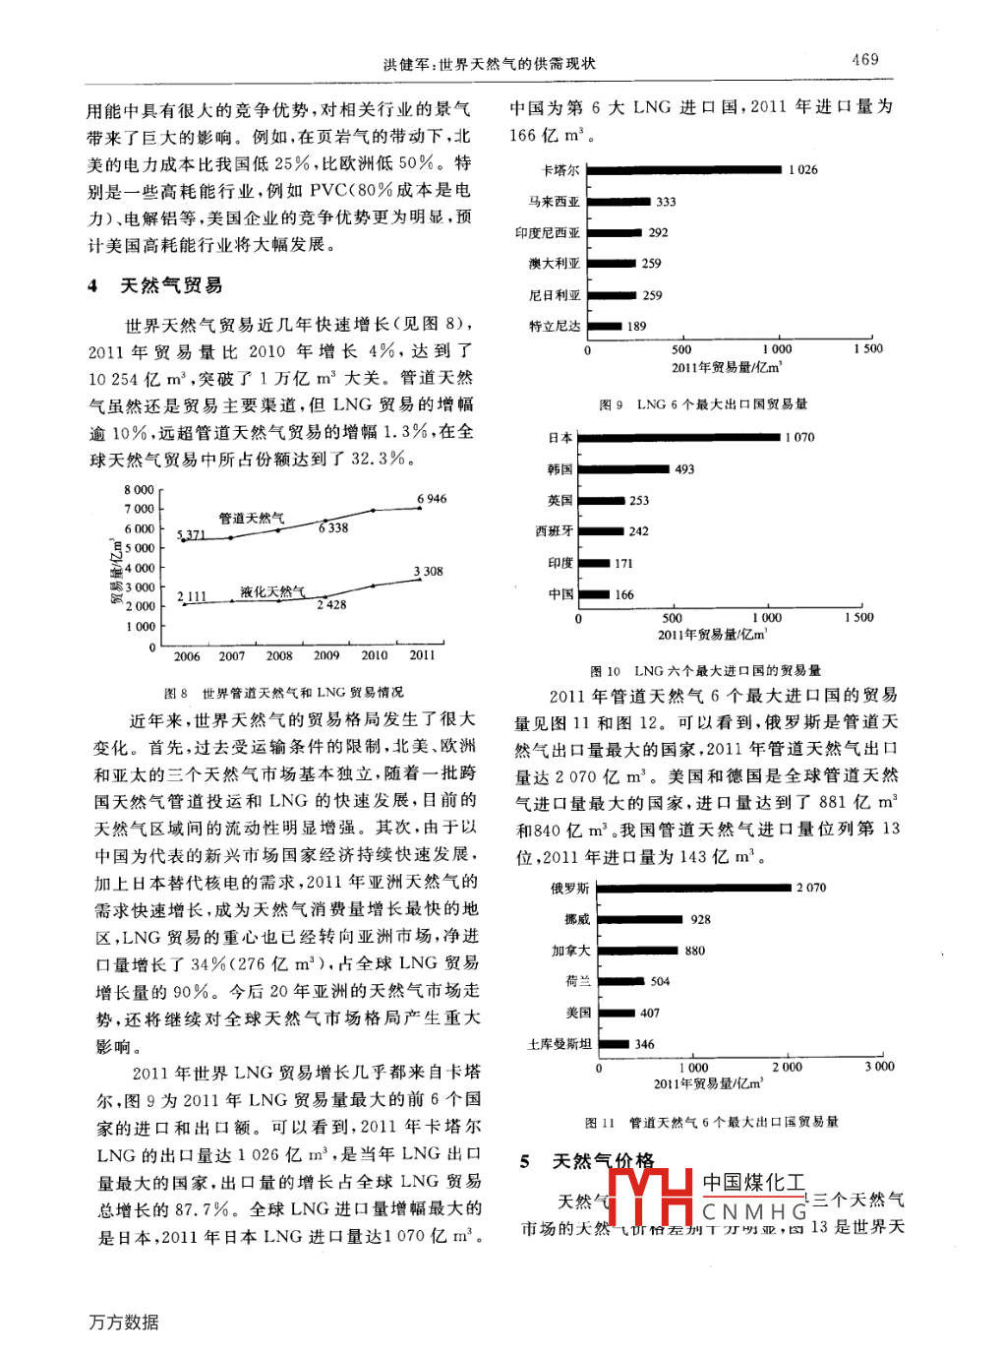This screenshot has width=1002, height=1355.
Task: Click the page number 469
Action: point(864,60)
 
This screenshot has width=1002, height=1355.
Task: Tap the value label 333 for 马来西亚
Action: point(666,202)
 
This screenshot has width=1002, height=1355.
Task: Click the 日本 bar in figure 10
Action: point(679,437)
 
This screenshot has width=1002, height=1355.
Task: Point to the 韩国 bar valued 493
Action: point(623,469)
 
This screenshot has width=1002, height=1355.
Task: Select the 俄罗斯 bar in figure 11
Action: point(694,888)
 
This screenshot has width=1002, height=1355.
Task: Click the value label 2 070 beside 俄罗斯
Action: point(811,888)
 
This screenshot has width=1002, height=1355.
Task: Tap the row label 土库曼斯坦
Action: point(560,1044)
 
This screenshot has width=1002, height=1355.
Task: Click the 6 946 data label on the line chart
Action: point(432,499)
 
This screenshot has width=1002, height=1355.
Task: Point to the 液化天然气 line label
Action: point(272,591)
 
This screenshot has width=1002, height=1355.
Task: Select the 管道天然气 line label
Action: point(252,518)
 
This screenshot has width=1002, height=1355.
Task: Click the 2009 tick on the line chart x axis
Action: point(326,655)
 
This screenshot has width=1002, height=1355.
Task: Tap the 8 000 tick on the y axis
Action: point(139,490)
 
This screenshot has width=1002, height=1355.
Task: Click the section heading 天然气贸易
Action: point(171,286)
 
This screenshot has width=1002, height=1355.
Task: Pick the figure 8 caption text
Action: point(283,693)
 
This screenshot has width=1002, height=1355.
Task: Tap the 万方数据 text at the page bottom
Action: point(123,1322)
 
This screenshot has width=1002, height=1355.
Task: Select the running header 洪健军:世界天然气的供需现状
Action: point(489,64)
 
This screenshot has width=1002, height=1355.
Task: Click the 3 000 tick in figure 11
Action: point(879,1067)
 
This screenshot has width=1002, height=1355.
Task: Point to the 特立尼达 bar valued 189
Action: point(603,327)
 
